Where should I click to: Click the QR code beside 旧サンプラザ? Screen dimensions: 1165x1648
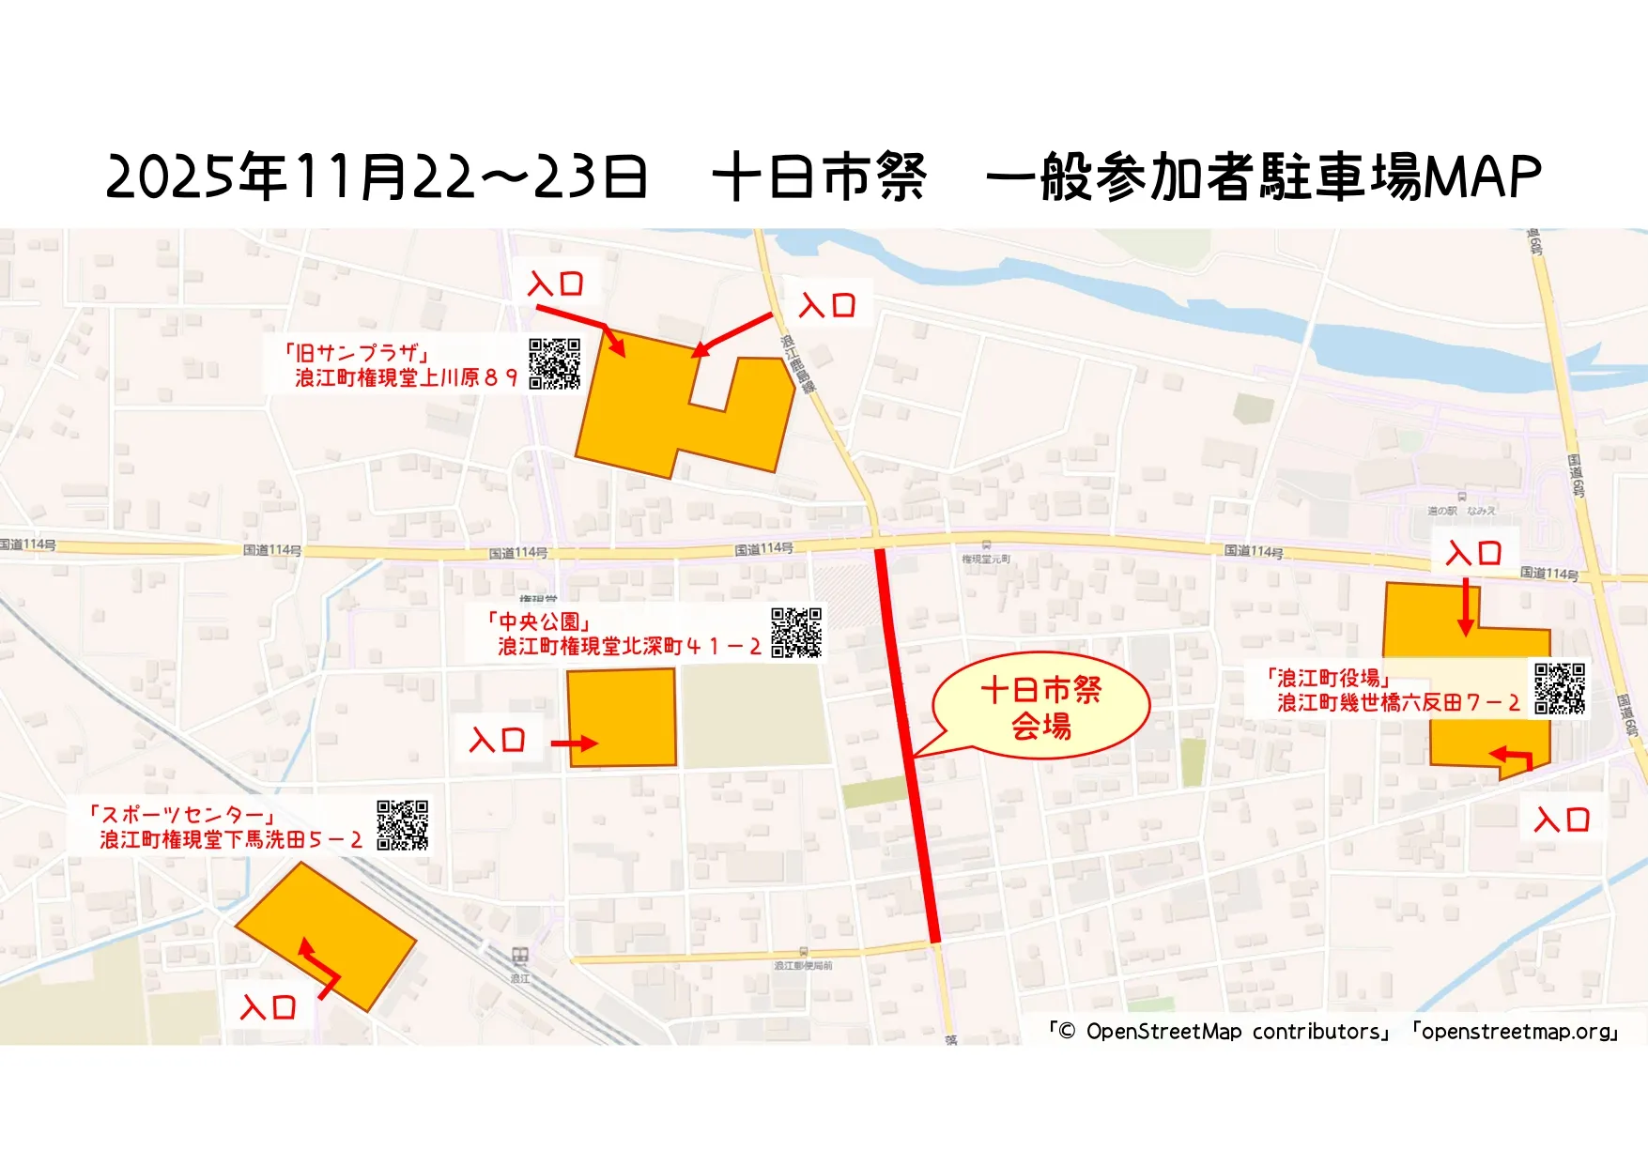(x=554, y=363)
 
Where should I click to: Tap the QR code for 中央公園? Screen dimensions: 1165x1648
(x=795, y=632)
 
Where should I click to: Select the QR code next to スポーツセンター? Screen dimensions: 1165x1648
(x=402, y=825)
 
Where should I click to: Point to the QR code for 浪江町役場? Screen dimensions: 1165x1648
(x=1560, y=688)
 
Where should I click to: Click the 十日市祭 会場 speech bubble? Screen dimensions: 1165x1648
(x=1041, y=706)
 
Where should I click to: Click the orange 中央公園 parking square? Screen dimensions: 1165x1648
(x=622, y=716)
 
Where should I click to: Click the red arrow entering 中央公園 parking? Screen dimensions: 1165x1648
(x=574, y=743)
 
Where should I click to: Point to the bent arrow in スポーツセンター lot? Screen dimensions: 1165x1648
(x=318, y=967)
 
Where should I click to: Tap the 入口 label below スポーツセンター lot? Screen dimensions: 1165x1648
(x=269, y=1008)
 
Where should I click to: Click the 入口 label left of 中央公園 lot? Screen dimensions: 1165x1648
(x=497, y=741)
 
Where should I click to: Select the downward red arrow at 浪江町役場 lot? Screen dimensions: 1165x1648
(x=1465, y=606)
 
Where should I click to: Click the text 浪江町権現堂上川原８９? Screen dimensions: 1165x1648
(x=406, y=378)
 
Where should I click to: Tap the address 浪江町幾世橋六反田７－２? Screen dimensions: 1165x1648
(x=1397, y=703)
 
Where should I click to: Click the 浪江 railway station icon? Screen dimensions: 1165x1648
(x=520, y=957)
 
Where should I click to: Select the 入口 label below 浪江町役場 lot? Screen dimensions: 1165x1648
(x=1562, y=820)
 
